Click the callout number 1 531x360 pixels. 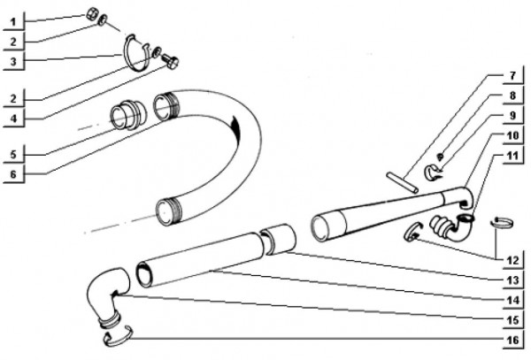click(13, 22)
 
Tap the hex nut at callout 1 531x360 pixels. click(91, 14)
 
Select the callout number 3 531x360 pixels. click(13, 62)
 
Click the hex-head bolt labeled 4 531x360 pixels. click(171, 62)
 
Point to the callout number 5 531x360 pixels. click(13, 155)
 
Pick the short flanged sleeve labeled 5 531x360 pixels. click(127, 115)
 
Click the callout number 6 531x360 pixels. click(13, 174)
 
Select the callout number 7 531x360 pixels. click(512, 76)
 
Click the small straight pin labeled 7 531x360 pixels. click(403, 183)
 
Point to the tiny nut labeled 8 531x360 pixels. click(440, 156)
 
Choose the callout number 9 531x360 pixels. click(512, 115)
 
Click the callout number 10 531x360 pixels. click(512, 135)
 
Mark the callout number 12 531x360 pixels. click(512, 261)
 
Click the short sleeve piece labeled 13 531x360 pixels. click(279, 239)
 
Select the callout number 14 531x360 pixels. click(512, 300)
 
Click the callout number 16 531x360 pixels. click(512, 340)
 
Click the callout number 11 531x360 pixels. click(512, 156)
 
